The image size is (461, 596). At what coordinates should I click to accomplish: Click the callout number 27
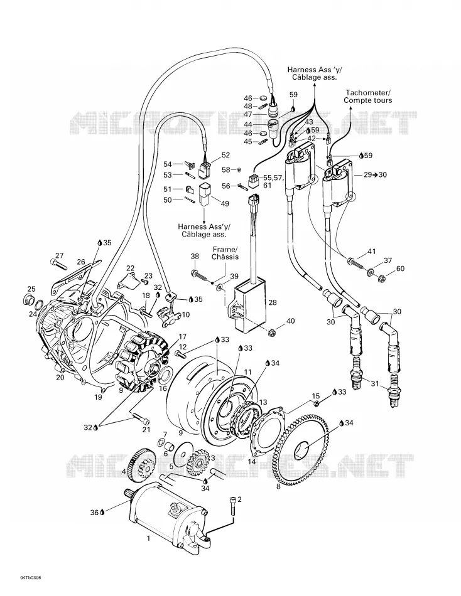[x=59, y=255]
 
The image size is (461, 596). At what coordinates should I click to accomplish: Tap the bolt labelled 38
[x=202, y=275]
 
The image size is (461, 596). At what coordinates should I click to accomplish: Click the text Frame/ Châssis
[x=225, y=253]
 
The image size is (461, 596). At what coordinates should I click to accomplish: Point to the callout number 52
[x=225, y=155]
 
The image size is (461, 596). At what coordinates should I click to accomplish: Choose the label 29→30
[x=375, y=174]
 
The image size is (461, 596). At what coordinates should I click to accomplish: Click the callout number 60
[x=400, y=269]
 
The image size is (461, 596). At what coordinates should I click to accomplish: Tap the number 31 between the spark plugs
[x=375, y=384]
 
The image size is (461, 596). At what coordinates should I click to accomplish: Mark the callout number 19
[x=98, y=397]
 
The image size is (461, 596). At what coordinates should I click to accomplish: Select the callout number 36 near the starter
[x=94, y=513]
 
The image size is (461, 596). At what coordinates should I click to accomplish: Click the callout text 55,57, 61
[x=273, y=181]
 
